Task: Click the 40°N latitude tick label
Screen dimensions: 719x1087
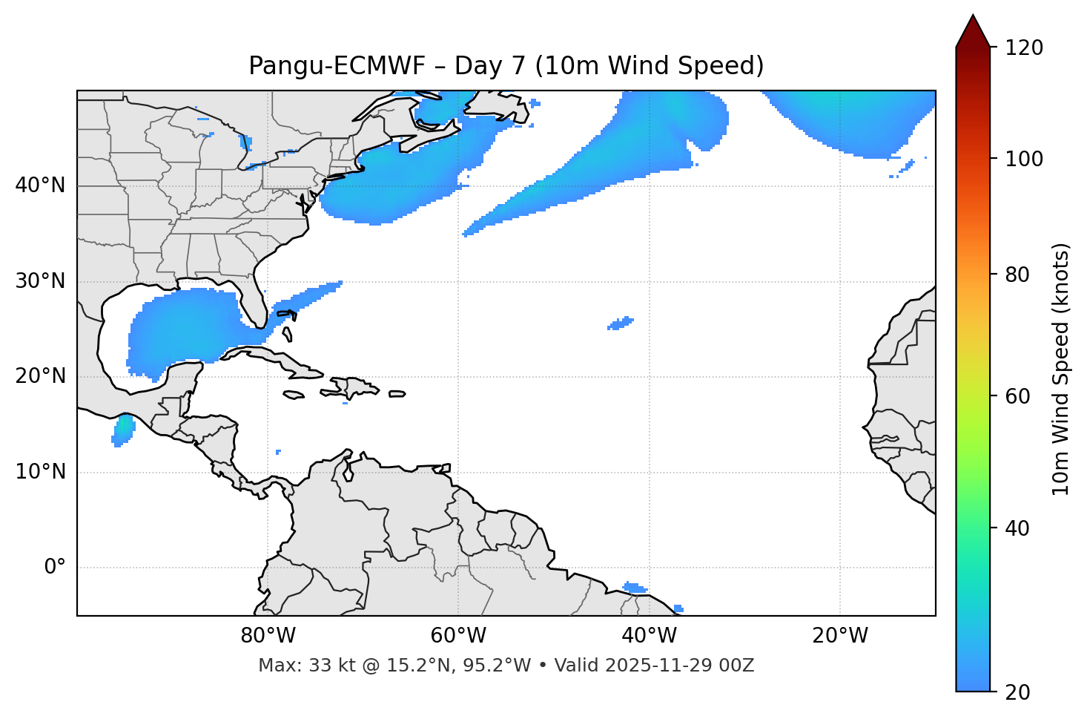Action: (40, 186)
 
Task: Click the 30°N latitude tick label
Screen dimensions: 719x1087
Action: (40, 281)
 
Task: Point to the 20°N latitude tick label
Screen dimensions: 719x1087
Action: (40, 376)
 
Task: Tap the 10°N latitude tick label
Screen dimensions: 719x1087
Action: (40, 472)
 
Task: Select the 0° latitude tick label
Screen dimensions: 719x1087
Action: (55, 568)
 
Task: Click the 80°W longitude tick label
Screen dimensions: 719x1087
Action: (268, 636)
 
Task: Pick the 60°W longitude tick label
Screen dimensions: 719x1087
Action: (458, 636)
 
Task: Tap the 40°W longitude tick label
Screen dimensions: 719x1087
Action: (650, 636)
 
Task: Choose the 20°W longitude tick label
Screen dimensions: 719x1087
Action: (840, 636)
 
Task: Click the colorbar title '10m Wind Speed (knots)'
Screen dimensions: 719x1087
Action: (1061, 370)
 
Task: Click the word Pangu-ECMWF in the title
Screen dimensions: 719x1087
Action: (337, 66)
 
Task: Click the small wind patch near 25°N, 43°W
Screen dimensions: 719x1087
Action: (621, 323)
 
